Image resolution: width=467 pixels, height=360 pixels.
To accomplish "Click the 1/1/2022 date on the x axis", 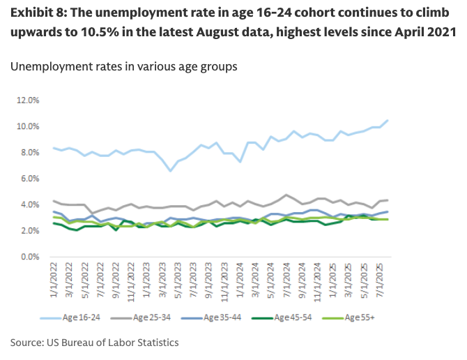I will point(53,283).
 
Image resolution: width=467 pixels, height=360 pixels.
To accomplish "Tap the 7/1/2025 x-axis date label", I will point(380,283).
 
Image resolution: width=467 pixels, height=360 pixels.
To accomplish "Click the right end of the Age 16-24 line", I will point(388,120).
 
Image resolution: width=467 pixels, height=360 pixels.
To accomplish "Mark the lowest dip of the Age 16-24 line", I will point(170,170).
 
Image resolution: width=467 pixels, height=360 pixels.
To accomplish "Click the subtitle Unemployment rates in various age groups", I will point(124,67).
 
